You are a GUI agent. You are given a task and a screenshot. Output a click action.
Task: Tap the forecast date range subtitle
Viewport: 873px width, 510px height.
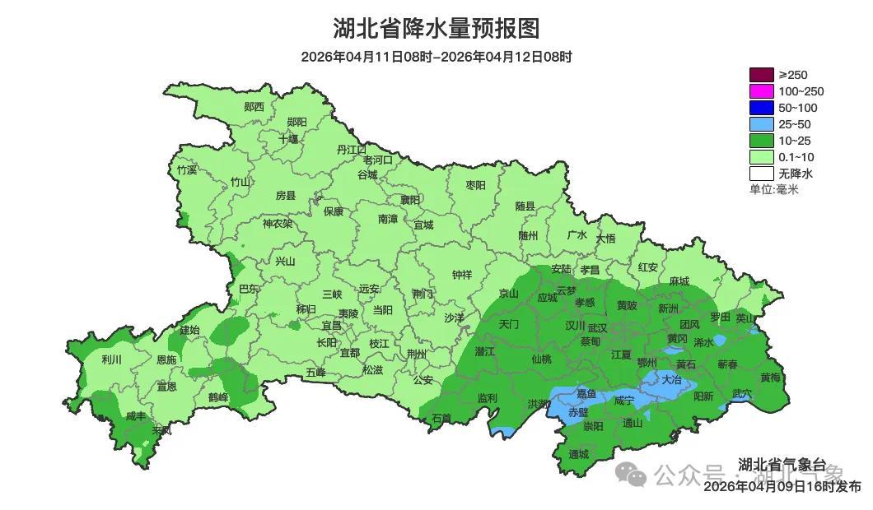tap(436, 57)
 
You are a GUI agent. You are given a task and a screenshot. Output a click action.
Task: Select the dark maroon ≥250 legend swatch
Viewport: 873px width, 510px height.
tap(761, 75)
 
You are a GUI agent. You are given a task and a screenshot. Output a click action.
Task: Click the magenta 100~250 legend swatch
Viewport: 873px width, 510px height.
tap(761, 91)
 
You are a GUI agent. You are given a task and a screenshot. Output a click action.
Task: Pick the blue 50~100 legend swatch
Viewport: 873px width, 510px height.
tap(761, 108)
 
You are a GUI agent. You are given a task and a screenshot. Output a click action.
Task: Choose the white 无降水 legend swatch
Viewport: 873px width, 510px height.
tap(761, 174)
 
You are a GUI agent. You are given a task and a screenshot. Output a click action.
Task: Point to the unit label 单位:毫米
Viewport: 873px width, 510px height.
tap(773, 189)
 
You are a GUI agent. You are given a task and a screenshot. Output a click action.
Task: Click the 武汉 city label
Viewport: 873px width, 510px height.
tap(597, 327)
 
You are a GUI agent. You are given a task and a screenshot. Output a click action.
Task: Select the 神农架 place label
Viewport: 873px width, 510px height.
tap(277, 223)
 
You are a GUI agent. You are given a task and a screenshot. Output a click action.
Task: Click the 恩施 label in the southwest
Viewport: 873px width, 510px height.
tap(166, 360)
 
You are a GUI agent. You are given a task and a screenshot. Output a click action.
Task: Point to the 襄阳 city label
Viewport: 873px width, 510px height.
tap(409, 200)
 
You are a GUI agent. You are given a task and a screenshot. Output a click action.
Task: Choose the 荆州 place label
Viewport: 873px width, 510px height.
tap(417, 354)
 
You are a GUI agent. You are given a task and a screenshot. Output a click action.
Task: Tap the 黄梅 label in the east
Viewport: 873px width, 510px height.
tap(770, 378)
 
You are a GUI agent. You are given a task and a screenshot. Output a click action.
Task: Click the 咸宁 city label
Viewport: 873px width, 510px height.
tap(623, 401)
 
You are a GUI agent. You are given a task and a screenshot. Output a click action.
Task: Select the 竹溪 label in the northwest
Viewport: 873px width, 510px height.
tap(187, 170)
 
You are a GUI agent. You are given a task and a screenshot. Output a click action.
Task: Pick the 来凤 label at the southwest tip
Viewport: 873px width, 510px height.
tap(161, 430)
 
